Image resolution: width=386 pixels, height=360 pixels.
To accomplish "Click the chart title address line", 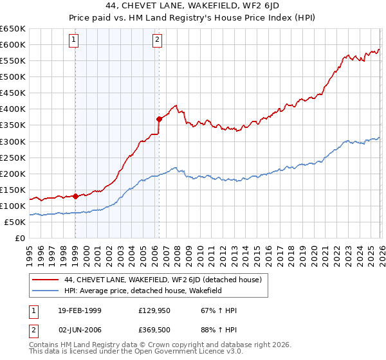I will click(193, 6).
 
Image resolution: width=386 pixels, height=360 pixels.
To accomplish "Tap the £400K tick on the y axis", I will click(13, 109).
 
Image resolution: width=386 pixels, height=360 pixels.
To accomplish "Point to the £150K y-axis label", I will click(13, 190).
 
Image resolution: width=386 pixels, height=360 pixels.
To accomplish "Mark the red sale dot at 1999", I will click(75, 196).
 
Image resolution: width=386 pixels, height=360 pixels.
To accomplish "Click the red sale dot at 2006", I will click(158, 118).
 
